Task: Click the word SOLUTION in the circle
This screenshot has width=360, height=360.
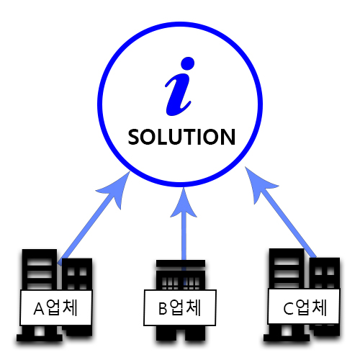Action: [181, 137]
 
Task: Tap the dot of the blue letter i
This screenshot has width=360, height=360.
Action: [187, 63]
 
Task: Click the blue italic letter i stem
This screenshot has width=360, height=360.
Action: [178, 95]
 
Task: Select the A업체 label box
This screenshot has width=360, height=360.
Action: [56, 307]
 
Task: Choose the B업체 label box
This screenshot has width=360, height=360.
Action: [180, 307]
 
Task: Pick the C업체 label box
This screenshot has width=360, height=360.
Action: [304, 306]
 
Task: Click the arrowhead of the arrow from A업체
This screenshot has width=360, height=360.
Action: [115, 189]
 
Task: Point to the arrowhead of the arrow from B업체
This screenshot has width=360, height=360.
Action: [184, 203]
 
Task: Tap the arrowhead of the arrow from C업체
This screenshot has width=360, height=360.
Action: [259, 184]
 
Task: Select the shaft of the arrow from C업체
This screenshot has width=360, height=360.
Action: [288, 222]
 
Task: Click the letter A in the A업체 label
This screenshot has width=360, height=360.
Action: [39, 308]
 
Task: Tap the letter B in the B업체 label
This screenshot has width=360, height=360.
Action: [163, 308]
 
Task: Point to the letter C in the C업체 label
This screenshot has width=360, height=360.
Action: [288, 308]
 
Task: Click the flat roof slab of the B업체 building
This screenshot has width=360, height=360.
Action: [181, 264]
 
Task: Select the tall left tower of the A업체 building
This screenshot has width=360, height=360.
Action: [40, 269]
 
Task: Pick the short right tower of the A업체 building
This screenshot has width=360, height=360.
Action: [77, 274]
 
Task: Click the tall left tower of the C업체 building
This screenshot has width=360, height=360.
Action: [287, 269]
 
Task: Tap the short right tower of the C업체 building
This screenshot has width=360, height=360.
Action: [325, 273]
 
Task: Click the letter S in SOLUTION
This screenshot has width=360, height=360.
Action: [134, 137]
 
